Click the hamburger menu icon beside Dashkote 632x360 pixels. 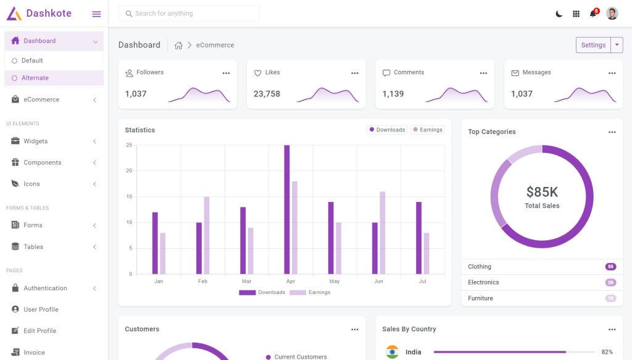click(x=96, y=14)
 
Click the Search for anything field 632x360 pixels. click(x=189, y=14)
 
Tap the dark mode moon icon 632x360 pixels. click(x=559, y=14)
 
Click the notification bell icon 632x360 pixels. click(x=593, y=14)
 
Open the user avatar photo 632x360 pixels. click(x=612, y=14)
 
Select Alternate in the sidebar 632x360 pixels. click(x=35, y=78)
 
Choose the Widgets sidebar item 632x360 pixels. click(x=36, y=141)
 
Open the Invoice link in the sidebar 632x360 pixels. click(x=34, y=353)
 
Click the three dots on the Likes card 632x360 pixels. click(x=355, y=73)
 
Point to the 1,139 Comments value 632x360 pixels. click(x=393, y=94)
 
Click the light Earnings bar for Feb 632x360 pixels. click(x=207, y=235)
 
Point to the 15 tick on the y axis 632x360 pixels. click(x=129, y=196)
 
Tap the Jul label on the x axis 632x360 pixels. click(x=422, y=281)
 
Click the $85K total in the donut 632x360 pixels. click(x=542, y=192)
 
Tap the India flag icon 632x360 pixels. click(x=392, y=352)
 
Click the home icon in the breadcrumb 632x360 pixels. click(x=178, y=45)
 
